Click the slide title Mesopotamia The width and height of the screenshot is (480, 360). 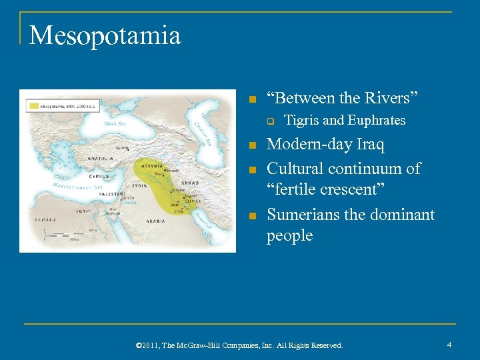point(105,35)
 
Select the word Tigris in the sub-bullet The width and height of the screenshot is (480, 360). point(302,121)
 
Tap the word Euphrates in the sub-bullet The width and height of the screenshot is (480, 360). point(376,121)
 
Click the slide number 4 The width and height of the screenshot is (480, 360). point(450,345)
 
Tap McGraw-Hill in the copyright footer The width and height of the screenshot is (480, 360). point(201,345)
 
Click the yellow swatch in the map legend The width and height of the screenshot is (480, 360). point(35,105)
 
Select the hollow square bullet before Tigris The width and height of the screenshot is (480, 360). point(271,121)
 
